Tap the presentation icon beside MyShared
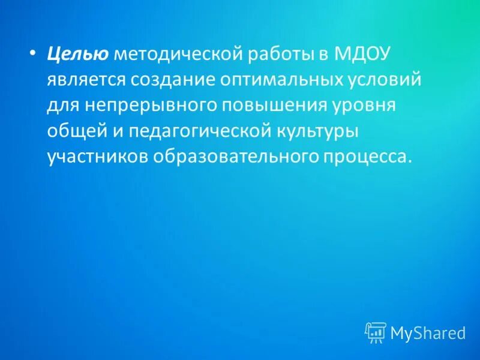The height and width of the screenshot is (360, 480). [x=375, y=332]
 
